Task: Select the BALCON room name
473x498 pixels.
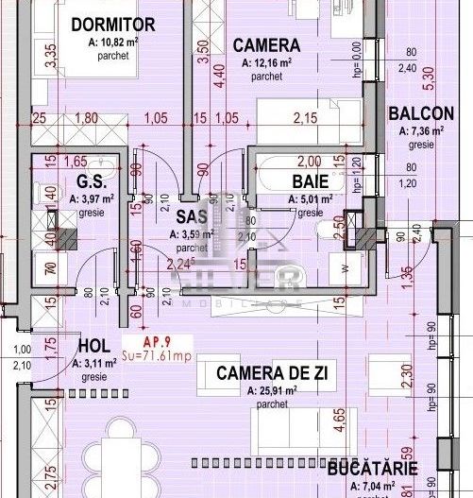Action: pos(421,113)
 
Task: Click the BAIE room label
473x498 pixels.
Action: pos(310,180)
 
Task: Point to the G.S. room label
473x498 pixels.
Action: pos(90,180)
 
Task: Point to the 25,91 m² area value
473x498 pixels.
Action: pos(271,389)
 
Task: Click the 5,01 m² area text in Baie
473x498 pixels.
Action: pos(310,199)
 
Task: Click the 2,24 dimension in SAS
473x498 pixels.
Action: pos(179,265)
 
